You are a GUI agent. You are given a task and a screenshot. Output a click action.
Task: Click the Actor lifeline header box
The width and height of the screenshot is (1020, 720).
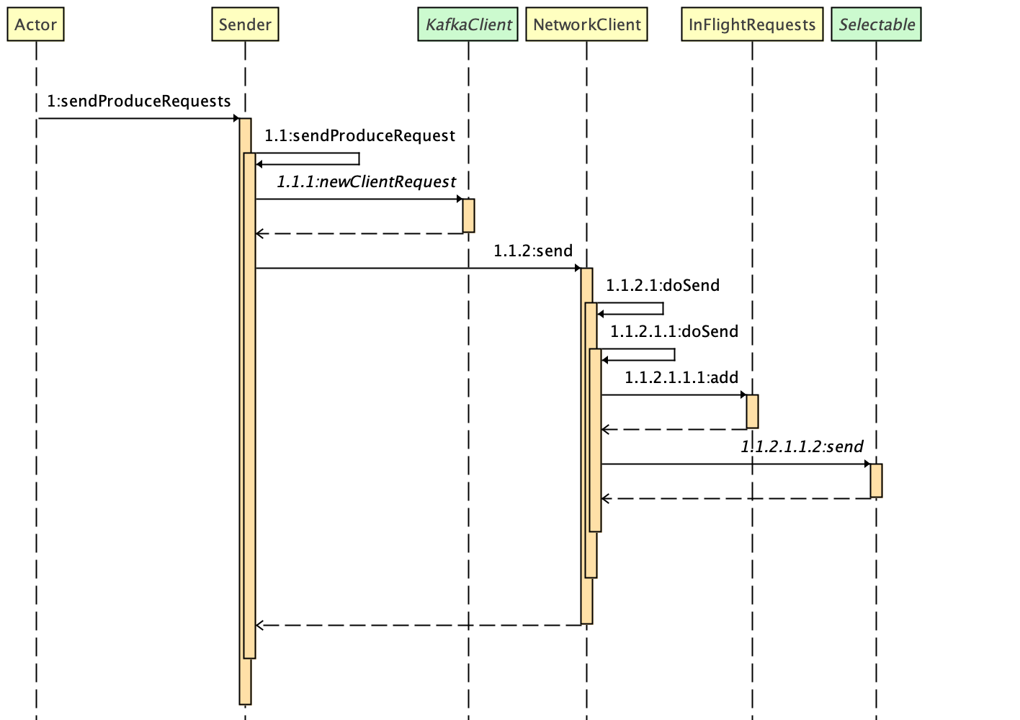(x=35, y=24)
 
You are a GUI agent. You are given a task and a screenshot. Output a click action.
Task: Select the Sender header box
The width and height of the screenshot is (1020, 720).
(x=245, y=24)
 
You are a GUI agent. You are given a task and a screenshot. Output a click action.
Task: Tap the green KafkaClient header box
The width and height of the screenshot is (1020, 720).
(x=468, y=24)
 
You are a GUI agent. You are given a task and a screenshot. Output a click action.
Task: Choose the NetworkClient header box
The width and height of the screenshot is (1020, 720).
(x=586, y=24)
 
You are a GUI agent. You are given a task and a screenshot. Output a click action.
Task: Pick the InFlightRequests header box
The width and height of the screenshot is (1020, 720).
(x=752, y=24)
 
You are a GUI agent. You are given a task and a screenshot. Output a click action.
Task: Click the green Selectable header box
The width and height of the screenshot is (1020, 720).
(x=876, y=24)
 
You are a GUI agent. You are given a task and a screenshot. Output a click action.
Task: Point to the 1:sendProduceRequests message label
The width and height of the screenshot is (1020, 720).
(x=139, y=102)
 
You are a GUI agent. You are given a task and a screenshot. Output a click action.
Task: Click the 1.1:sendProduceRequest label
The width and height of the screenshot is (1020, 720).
(x=359, y=136)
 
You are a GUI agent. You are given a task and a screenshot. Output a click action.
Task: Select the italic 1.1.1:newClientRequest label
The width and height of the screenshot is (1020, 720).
(x=366, y=182)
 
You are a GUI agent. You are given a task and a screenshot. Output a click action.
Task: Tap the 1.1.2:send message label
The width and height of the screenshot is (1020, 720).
(x=533, y=251)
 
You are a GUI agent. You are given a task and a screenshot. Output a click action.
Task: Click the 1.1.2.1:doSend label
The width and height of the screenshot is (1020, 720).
(x=662, y=286)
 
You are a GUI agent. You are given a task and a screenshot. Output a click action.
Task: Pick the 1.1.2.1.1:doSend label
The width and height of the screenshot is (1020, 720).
(x=674, y=332)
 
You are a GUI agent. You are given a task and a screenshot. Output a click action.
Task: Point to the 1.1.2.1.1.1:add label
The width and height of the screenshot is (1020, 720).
(x=681, y=378)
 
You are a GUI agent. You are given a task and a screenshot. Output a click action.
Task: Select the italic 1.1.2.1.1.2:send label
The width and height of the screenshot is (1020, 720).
(x=802, y=447)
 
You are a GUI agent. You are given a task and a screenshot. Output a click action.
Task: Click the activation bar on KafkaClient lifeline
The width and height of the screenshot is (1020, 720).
(x=468, y=215)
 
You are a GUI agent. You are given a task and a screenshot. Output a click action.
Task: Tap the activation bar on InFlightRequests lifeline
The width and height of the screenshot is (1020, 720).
(x=752, y=411)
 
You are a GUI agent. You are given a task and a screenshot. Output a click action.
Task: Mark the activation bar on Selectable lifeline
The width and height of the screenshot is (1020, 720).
(x=876, y=480)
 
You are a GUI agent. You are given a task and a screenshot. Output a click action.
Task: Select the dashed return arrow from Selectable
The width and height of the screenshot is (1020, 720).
(x=735, y=498)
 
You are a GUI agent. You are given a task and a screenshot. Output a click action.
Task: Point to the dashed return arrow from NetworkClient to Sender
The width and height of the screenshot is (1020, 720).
(x=418, y=625)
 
